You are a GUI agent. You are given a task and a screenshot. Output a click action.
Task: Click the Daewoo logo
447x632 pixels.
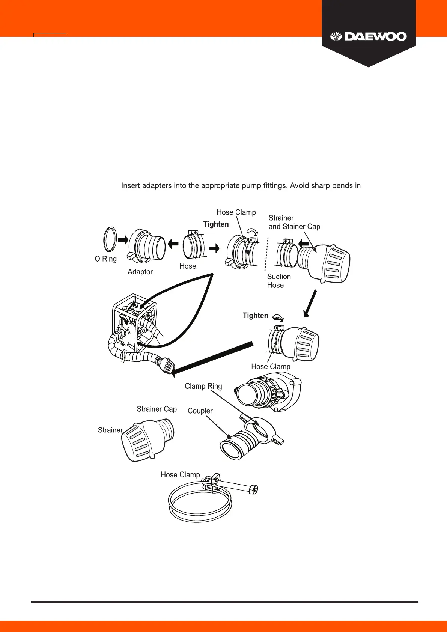tap(368, 37)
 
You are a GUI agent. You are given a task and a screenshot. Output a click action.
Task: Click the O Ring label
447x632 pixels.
tap(105, 259)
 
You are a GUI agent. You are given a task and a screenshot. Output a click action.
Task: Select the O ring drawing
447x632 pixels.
tap(110, 239)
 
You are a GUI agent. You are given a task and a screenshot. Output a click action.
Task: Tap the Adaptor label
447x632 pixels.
tap(140, 272)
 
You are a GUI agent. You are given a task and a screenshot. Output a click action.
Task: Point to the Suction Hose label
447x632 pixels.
tap(279, 281)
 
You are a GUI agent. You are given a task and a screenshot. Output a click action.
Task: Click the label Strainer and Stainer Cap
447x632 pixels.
tap(294, 222)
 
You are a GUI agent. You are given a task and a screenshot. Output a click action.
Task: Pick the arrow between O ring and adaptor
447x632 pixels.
tap(123, 239)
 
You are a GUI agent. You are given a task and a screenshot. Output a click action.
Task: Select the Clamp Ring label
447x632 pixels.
tap(203, 386)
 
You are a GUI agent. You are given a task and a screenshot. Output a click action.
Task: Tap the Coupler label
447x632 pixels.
tap(200, 411)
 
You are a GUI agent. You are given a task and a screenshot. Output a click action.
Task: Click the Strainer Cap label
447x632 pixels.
tap(157, 409)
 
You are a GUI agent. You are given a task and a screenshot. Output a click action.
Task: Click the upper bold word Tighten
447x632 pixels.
tap(216, 224)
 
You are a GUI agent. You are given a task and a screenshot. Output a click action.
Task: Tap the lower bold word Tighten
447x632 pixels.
tap(255, 316)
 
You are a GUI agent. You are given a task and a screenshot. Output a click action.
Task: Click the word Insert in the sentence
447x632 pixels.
tap(130, 185)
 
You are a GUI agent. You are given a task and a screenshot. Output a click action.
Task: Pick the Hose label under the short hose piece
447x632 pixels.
tap(188, 266)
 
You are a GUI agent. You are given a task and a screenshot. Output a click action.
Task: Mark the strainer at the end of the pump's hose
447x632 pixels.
tap(166, 365)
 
